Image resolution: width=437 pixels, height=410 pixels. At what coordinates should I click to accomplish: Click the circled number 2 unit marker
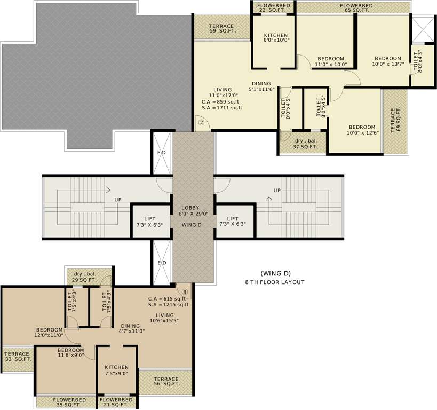(x=201, y=122)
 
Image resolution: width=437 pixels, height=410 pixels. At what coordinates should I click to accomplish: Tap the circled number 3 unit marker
(x=185, y=292)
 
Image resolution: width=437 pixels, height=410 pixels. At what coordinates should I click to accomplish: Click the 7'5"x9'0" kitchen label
(x=116, y=370)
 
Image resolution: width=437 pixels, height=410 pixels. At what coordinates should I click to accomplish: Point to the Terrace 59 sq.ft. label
(x=221, y=29)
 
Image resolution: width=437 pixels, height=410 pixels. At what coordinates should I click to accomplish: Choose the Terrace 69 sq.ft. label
(x=395, y=121)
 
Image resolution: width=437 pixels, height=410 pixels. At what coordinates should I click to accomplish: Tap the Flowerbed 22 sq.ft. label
(x=273, y=7)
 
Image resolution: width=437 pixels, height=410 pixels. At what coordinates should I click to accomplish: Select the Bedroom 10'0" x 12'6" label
(x=355, y=130)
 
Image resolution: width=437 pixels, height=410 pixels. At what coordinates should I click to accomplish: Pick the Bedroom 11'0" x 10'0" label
(x=331, y=61)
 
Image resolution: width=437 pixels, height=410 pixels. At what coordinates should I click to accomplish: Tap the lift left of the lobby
(x=150, y=222)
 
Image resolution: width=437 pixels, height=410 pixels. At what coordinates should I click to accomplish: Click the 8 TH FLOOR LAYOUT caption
(x=275, y=282)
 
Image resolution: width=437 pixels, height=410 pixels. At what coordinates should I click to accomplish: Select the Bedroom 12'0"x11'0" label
(x=50, y=333)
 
